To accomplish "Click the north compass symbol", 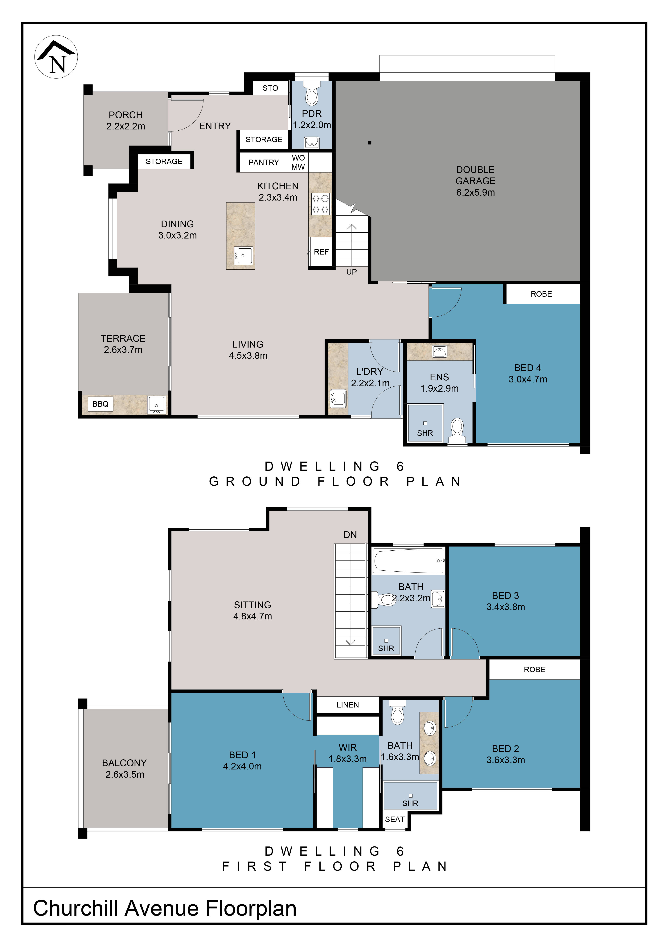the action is tap(56, 57).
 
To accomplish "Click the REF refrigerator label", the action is tap(321, 252).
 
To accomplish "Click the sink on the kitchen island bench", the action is tap(243, 256).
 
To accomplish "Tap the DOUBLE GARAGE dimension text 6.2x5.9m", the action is tap(475, 192).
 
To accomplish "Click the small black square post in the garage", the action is tap(370, 143).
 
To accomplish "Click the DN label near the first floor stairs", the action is tap(350, 535).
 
